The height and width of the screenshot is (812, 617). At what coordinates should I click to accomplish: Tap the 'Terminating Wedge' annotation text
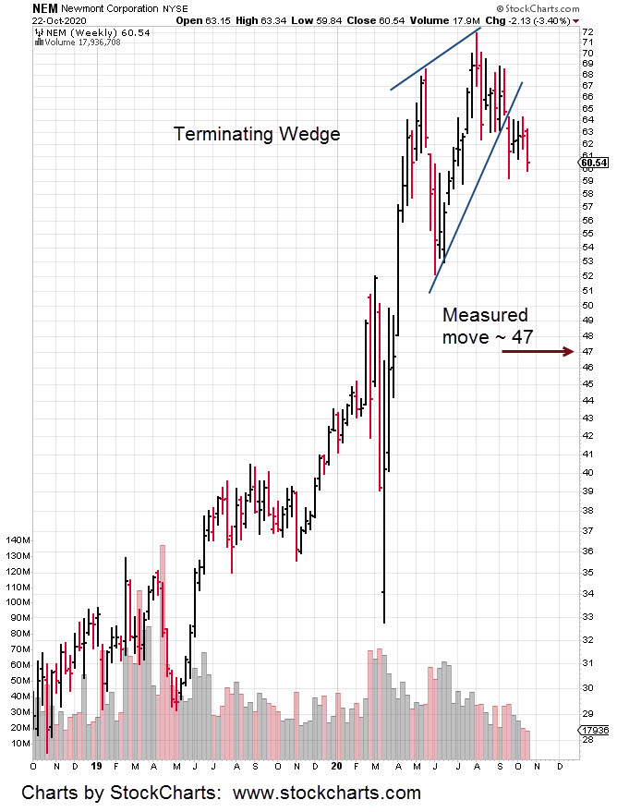coord(257,134)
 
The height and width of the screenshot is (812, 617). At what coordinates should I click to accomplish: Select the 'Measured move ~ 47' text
coord(487,326)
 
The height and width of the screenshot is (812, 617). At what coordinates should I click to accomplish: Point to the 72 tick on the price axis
coord(587,30)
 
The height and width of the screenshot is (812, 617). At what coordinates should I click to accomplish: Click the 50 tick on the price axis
coord(587,305)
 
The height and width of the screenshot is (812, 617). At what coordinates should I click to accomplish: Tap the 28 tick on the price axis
coord(587,739)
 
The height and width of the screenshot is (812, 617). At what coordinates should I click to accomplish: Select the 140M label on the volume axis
coord(18,539)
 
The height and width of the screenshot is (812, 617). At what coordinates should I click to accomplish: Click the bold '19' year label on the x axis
coord(95,766)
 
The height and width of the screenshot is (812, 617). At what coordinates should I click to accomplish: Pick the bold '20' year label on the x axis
coord(336,766)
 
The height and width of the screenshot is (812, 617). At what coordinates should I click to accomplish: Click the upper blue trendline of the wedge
coord(435,60)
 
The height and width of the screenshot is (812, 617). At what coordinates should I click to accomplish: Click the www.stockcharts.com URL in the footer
coord(326,793)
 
